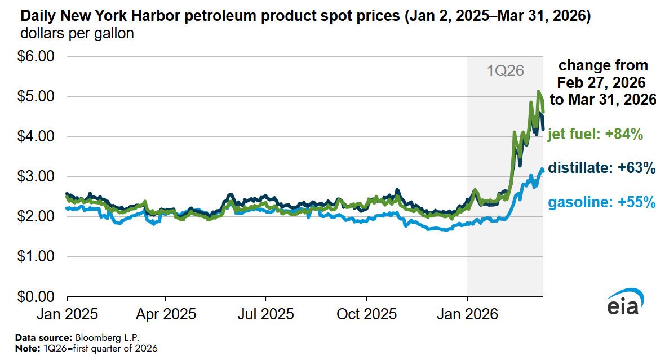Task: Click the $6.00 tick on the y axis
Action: tap(37, 57)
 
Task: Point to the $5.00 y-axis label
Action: tap(37, 97)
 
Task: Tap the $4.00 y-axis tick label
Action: tap(37, 137)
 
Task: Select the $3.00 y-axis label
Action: tap(37, 177)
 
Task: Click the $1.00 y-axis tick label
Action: tap(37, 257)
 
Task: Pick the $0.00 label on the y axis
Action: tap(37, 297)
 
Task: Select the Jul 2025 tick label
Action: tap(265, 314)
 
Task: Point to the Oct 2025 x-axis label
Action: tap(366, 314)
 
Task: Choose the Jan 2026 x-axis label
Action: tap(467, 314)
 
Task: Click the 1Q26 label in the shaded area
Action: tap(506, 71)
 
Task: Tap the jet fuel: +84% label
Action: tap(595, 135)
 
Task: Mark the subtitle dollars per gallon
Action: tap(77, 34)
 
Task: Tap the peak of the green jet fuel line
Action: tap(539, 91)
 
